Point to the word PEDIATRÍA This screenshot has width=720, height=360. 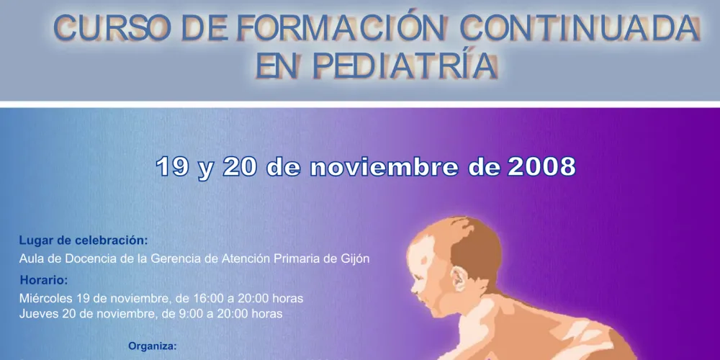click(x=406, y=66)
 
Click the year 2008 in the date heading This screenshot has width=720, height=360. click(x=541, y=167)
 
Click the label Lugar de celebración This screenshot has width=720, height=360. click(x=84, y=240)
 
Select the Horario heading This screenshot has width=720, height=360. click(x=44, y=280)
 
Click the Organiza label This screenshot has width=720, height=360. click(x=152, y=346)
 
